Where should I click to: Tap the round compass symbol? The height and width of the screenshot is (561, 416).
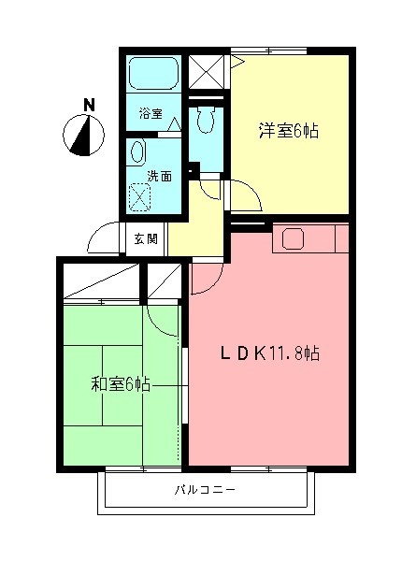tap(82, 136)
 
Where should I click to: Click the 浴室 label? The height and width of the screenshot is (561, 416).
tap(151, 114)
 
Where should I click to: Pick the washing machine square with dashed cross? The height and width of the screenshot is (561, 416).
tap(141, 198)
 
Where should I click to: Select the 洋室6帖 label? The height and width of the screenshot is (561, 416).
tap(289, 132)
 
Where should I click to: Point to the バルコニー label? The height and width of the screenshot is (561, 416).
tap(205, 491)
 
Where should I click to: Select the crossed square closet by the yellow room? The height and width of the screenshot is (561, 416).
tap(206, 71)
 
